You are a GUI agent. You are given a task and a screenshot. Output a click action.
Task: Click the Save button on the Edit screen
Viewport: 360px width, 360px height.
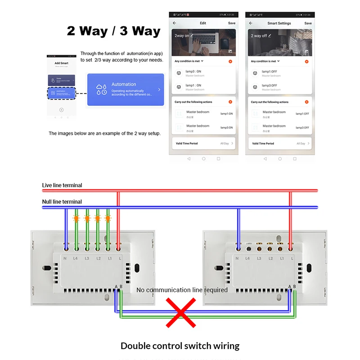coord(231,23)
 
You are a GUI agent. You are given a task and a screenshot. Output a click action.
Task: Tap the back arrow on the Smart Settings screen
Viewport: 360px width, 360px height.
coord(251,23)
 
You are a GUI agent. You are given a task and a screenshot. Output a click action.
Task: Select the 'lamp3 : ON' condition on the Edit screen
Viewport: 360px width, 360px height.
coord(193,72)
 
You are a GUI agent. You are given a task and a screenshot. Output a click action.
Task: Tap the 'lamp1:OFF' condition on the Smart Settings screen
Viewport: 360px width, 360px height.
coord(270,72)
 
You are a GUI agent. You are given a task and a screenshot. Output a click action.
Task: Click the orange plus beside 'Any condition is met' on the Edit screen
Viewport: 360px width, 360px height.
coord(230,61)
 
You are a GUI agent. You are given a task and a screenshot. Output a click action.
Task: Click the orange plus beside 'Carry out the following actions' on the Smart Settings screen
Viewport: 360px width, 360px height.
coord(306,102)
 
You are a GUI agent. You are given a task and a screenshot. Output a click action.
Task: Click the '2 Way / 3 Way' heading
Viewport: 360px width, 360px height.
coord(113,31)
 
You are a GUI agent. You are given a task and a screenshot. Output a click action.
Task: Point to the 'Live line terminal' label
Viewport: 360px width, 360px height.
coord(62,185)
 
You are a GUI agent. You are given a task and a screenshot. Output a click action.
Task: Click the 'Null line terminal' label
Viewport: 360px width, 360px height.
coord(62,202)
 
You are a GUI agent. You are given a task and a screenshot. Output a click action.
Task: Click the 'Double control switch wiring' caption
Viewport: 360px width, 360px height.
coord(180,346)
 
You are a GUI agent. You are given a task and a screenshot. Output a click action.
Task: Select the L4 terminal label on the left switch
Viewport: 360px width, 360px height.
coord(76,258)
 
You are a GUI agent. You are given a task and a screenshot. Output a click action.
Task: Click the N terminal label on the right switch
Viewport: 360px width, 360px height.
coord(237,258)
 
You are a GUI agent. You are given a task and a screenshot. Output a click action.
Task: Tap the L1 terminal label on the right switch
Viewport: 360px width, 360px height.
coord(282,258)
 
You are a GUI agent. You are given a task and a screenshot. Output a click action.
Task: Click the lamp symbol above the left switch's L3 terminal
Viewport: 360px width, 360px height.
coord(87,218)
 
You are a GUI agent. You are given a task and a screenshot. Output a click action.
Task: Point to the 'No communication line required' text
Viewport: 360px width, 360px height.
coord(182,290)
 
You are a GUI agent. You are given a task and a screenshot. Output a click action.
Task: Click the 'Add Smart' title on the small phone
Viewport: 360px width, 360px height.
coord(61,63)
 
